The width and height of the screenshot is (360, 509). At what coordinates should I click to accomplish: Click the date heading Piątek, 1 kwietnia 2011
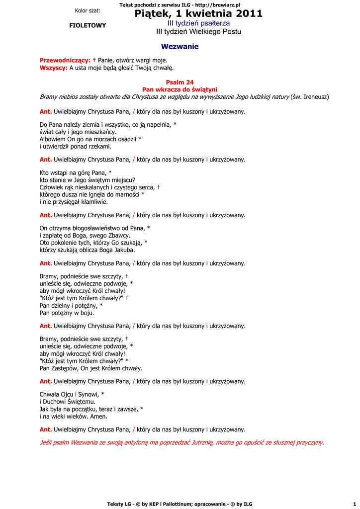(x=198, y=14)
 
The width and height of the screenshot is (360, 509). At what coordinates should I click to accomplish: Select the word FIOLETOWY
(x=88, y=25)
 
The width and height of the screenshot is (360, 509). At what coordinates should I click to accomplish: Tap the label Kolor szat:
(x=88, y=10)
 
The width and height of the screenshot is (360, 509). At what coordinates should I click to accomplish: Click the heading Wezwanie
(x=180, y=47)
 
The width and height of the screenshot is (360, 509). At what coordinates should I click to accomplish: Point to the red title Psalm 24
(x=180, y=82)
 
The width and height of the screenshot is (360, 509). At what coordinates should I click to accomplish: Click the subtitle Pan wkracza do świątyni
(x=180, y=89)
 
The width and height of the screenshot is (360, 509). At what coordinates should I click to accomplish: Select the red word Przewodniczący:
(x=65, y=60)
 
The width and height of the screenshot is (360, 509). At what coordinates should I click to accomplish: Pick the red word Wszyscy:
(x=53, y=68)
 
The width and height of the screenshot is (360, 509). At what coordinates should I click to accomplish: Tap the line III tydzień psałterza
(x=198, y=23)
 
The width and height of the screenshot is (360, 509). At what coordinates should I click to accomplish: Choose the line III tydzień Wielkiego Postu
(x=198, y=32)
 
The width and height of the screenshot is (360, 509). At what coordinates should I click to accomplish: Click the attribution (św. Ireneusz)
(x=309, y=96)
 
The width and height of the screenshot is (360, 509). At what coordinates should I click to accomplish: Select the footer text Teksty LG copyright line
(x=180, y=504)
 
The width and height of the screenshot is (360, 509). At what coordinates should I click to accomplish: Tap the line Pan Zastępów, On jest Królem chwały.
(x=91, y=368)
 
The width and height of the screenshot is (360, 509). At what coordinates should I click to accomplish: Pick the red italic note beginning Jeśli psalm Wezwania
(x=181, y=442)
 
